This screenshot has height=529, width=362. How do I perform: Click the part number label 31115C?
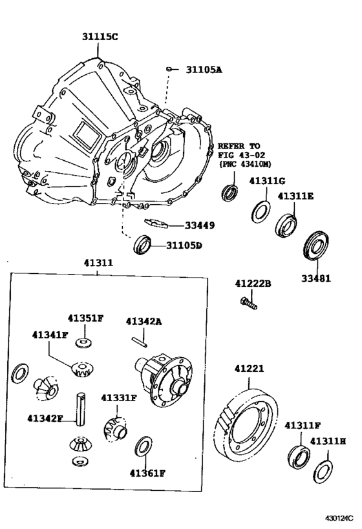point(100,37)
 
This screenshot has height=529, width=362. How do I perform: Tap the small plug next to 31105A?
point(168,68)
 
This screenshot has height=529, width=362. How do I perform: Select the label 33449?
point(200,225)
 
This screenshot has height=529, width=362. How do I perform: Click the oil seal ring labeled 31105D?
point(143,245)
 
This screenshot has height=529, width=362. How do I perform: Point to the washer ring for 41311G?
point(261,211)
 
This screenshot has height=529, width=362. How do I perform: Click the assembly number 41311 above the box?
point(98,263)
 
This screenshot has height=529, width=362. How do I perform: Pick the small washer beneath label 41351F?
point(83,341)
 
